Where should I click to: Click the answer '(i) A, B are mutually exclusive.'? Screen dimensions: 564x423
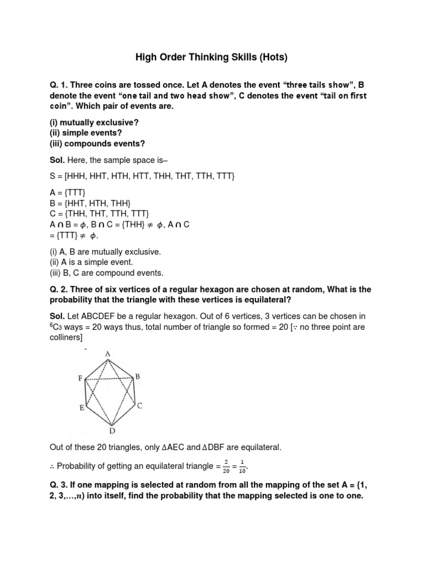[105, 252]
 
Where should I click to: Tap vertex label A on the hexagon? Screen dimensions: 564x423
[108, 354]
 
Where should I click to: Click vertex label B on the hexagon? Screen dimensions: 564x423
[138, 377]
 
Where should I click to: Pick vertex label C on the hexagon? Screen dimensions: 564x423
[140, 406]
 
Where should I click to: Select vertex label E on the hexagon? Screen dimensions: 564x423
[82, 408]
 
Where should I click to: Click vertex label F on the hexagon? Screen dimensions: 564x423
[80, 379]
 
